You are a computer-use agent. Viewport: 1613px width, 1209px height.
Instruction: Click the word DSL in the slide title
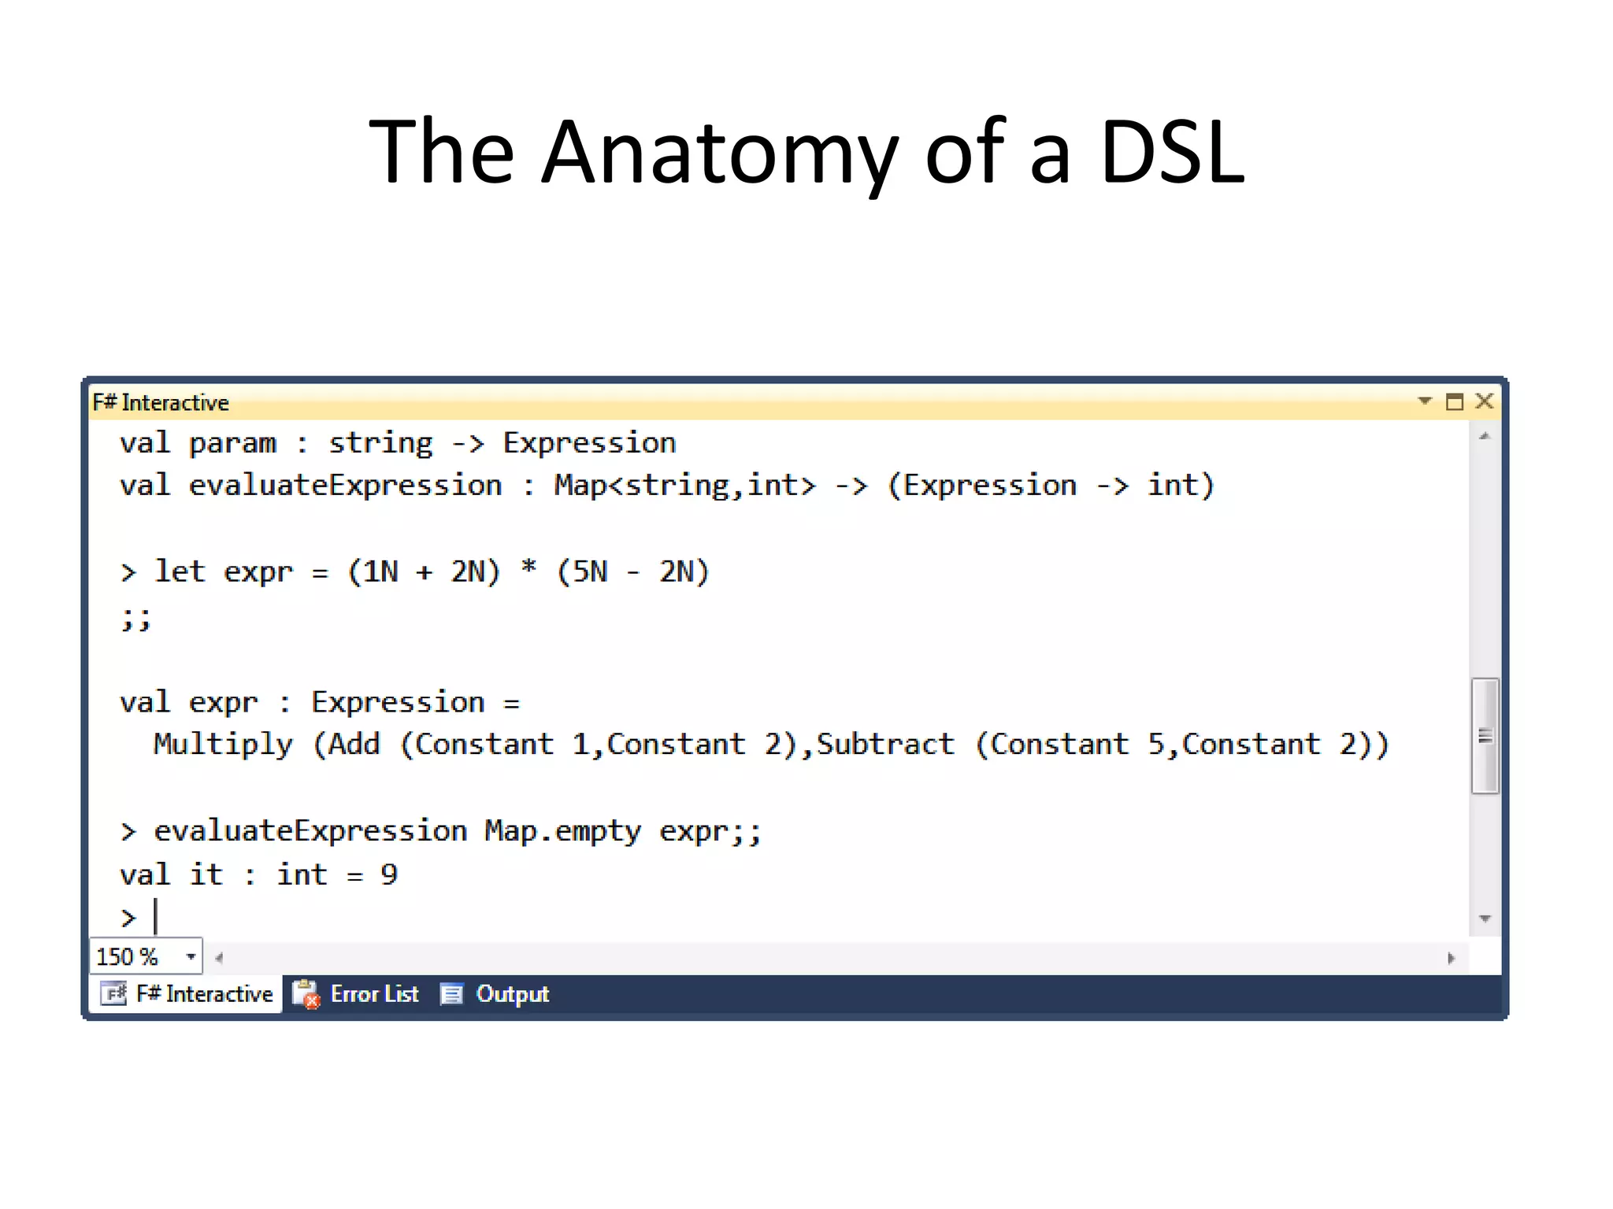tap(1172, 152)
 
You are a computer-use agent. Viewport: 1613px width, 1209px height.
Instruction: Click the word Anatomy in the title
tap(718, 152)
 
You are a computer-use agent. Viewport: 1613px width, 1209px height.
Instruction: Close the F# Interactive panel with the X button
tap(1484, 401)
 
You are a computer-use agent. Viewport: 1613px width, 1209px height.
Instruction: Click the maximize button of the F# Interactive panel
tap(1454, 402)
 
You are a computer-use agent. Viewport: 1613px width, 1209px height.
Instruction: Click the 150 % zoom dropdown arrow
tap(191, 956)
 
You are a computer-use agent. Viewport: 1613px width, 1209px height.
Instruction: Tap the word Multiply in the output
tap(223, 744)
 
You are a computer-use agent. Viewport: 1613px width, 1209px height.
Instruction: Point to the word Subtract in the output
tap(884, 744)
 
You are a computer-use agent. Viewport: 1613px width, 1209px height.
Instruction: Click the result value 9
tap(389, 874)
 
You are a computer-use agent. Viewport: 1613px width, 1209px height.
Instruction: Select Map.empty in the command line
tap(562, 831)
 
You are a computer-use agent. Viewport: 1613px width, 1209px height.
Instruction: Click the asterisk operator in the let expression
tap(528, 568)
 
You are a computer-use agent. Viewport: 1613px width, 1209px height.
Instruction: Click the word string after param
tap(380, 443)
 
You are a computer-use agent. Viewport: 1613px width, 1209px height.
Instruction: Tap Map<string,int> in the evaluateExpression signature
tap(684, 486)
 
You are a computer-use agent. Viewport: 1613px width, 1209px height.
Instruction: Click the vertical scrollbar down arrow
tap(1485, 919)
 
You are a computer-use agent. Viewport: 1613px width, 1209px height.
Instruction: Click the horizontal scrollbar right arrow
tap(1451, 958)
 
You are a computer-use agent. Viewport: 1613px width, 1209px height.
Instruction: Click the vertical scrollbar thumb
tap(1485, 736)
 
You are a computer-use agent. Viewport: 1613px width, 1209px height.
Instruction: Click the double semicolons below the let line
tap(135, 619)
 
